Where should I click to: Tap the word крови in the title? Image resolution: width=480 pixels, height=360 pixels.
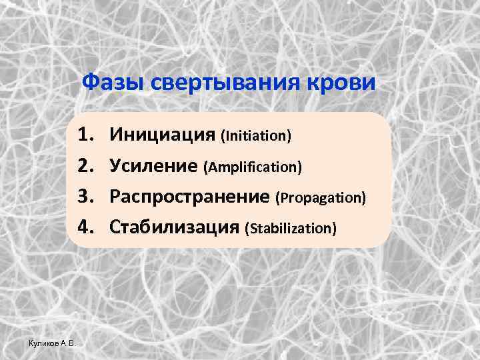click(x=347, y=84)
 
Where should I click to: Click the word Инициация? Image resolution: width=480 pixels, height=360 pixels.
click(x=163, y=135)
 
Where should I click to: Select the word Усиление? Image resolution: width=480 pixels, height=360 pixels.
click(x=155, y=166)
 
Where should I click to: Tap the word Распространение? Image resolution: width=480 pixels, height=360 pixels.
click(x=190, y=197)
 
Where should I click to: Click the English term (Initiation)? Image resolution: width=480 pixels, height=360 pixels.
click(x=256, y=137)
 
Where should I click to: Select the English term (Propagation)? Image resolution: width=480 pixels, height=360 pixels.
click(x=321, y=198)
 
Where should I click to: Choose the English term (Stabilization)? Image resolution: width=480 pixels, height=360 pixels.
click(x=290, y=229)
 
